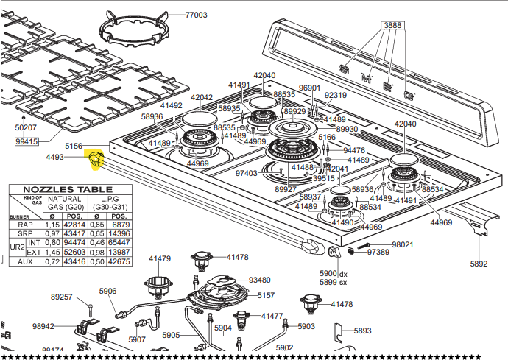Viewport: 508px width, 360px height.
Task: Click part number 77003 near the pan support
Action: (x=196, y=15)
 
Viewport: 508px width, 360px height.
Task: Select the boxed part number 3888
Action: (x=392, y=25)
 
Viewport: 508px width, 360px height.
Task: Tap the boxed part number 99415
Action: (x=27, y=141)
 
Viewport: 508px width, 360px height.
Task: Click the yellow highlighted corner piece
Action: (x=97, y=158)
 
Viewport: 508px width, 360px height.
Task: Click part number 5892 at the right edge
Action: (x=479, y=263)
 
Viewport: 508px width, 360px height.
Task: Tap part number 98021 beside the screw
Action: (x=402, y=244)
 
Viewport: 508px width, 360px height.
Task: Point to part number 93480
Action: (x=259, y=280)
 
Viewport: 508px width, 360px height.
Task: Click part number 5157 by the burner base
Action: (x=266, y=296)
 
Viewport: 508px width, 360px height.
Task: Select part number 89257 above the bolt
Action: (x=61, y=297)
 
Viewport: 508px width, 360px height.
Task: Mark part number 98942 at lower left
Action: (x=43, y=326)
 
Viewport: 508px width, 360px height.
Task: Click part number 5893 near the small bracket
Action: (x=362, y=331)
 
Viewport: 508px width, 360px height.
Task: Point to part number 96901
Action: (x=309, y=88)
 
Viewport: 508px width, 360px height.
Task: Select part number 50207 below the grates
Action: (x=26, y=127)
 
